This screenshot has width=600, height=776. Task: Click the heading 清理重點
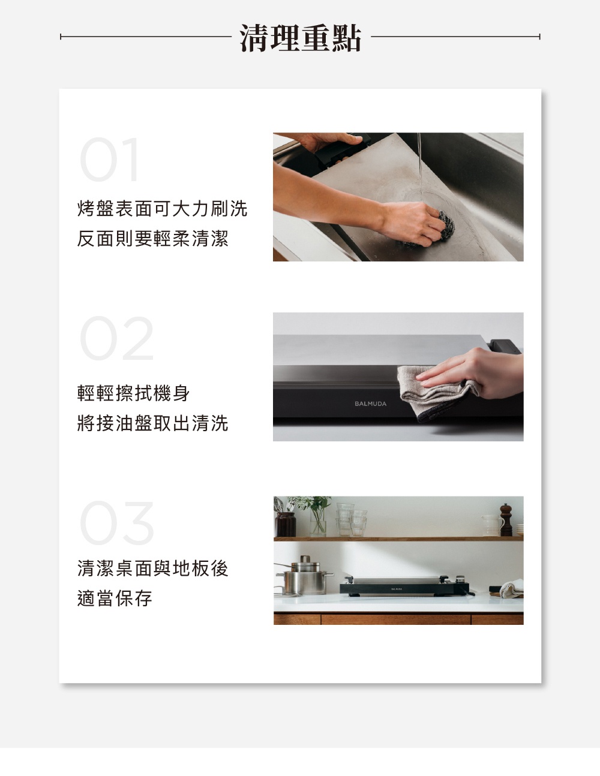pos(300,38)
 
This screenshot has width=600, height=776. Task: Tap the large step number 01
pos(110,160)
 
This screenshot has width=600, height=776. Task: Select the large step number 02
pos(117,339)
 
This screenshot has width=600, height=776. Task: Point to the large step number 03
pos(117,522)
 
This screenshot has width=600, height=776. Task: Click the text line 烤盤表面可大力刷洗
pos(162,209)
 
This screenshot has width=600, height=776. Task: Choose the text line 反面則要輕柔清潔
pos(152,239)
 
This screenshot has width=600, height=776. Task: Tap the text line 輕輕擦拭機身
pos(133,393)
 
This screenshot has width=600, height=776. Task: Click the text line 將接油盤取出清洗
pos(152,423)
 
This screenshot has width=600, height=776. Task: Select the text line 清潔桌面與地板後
pos(152,568)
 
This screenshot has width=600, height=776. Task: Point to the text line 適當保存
pos(115,598)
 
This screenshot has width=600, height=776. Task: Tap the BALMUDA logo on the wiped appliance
pos(370,404)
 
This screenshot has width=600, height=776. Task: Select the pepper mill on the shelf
pos(506,520)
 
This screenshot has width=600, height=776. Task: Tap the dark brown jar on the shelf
pos(286,524)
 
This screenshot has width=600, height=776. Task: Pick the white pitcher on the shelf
pos(491,525)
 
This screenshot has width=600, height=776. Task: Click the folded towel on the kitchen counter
pos(511,589)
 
